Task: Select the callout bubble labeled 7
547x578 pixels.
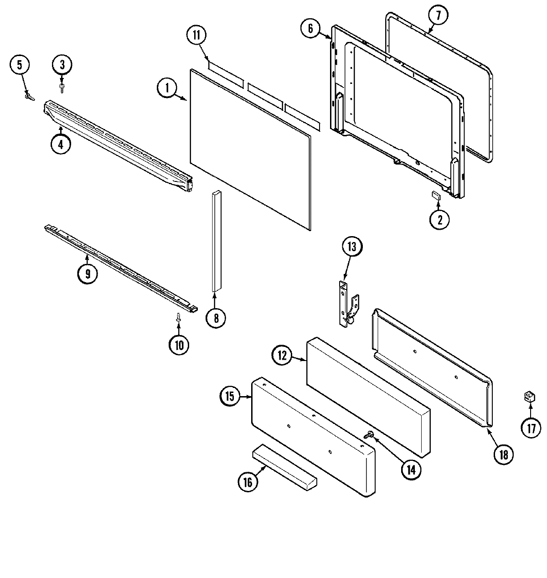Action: [438, 15]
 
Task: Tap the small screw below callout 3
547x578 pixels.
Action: [62, 86]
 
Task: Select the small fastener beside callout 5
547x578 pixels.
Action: [30, 96]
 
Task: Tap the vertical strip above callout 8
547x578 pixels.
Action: [216, 241]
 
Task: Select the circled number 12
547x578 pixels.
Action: [283, 356]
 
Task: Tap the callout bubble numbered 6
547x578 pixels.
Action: [310, 29]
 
